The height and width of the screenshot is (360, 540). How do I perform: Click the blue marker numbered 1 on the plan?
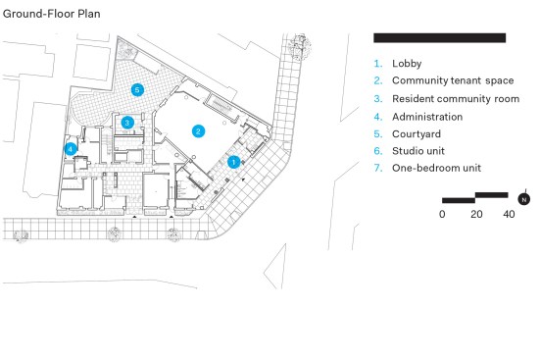[x=234, y=162]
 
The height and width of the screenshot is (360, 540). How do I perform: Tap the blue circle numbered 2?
[x=198, y=131]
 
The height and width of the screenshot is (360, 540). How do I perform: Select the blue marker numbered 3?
[x=127, y=122]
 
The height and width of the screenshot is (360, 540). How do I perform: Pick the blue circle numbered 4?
[x=71, y=149]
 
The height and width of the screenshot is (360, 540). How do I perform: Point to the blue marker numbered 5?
[x=137, y=90]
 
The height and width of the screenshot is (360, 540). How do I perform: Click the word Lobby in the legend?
[x=407, y=64]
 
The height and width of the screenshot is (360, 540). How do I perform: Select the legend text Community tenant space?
[x=453, y=80]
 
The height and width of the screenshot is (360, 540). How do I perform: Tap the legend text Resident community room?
[x=456, y=99]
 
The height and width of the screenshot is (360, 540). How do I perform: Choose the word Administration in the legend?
[x=427, y=117]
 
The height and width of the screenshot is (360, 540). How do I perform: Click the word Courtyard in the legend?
[x=417, y=134]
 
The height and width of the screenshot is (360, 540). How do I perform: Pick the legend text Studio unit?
[x=418, y=151]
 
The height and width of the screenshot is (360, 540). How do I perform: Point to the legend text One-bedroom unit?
[x=437, y=168]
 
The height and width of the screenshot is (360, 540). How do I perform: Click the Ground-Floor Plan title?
[x=52, y=14]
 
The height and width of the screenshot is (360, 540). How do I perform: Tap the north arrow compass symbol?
[x=524, y=198]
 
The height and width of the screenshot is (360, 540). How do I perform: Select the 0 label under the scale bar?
[x=442, y=214]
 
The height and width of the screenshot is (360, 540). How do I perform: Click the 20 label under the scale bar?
[x=476, y=214]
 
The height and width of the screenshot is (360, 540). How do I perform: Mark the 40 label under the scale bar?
[x=509, y=214]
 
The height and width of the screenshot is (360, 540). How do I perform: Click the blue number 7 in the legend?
[x=378, y=168]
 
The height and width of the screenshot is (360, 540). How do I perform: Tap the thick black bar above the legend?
[x=440, y=38]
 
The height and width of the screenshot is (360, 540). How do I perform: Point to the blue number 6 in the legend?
[x=378, y=151]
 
